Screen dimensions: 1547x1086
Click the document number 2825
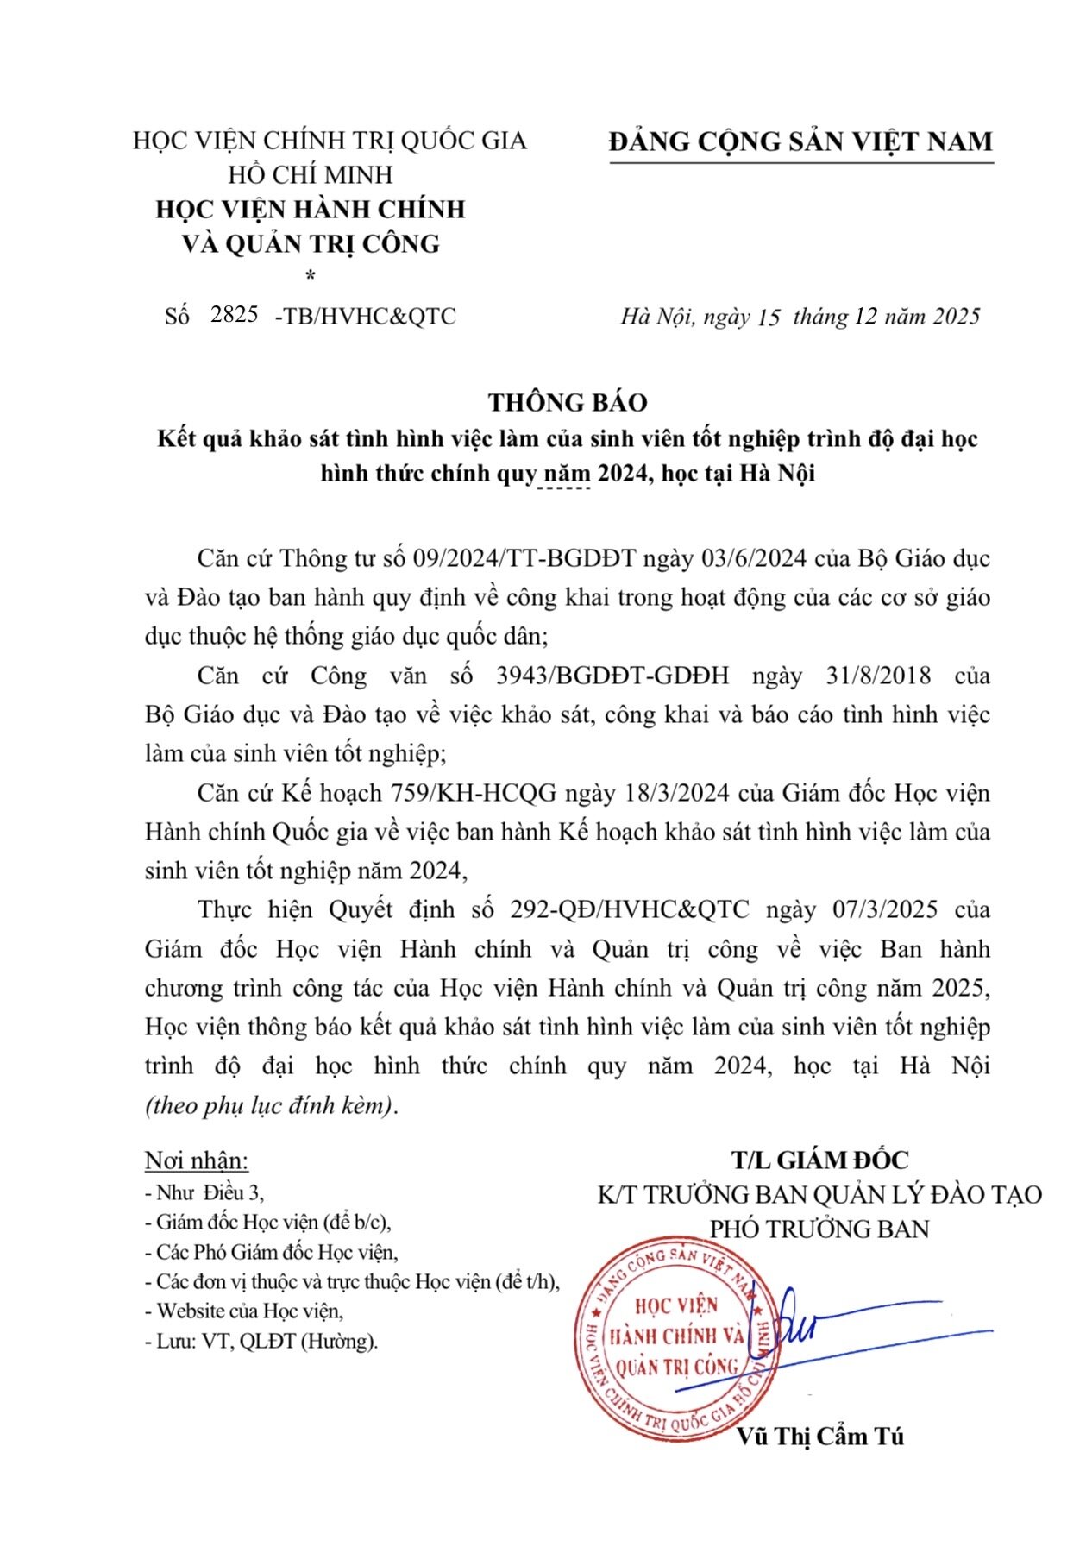[x=235, y=314]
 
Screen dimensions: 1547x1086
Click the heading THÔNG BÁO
[x=568, y=402]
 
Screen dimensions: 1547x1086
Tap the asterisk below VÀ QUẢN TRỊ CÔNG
[x=311, y=276]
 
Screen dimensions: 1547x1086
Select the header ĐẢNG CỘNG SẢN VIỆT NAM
[x=800, y=141]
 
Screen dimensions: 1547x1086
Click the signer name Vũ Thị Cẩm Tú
[x=819, y=1437]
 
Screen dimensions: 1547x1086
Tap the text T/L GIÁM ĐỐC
[x=819, y=1160]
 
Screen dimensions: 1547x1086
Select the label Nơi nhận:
[x=196, y=1160]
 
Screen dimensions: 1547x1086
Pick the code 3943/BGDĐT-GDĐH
[x=612, y=676]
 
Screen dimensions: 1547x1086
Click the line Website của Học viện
[x=249, y=1311]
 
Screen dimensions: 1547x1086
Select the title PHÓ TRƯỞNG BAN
[x=819, y=1229]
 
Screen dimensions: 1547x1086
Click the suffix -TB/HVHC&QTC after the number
[x=365, y=316]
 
